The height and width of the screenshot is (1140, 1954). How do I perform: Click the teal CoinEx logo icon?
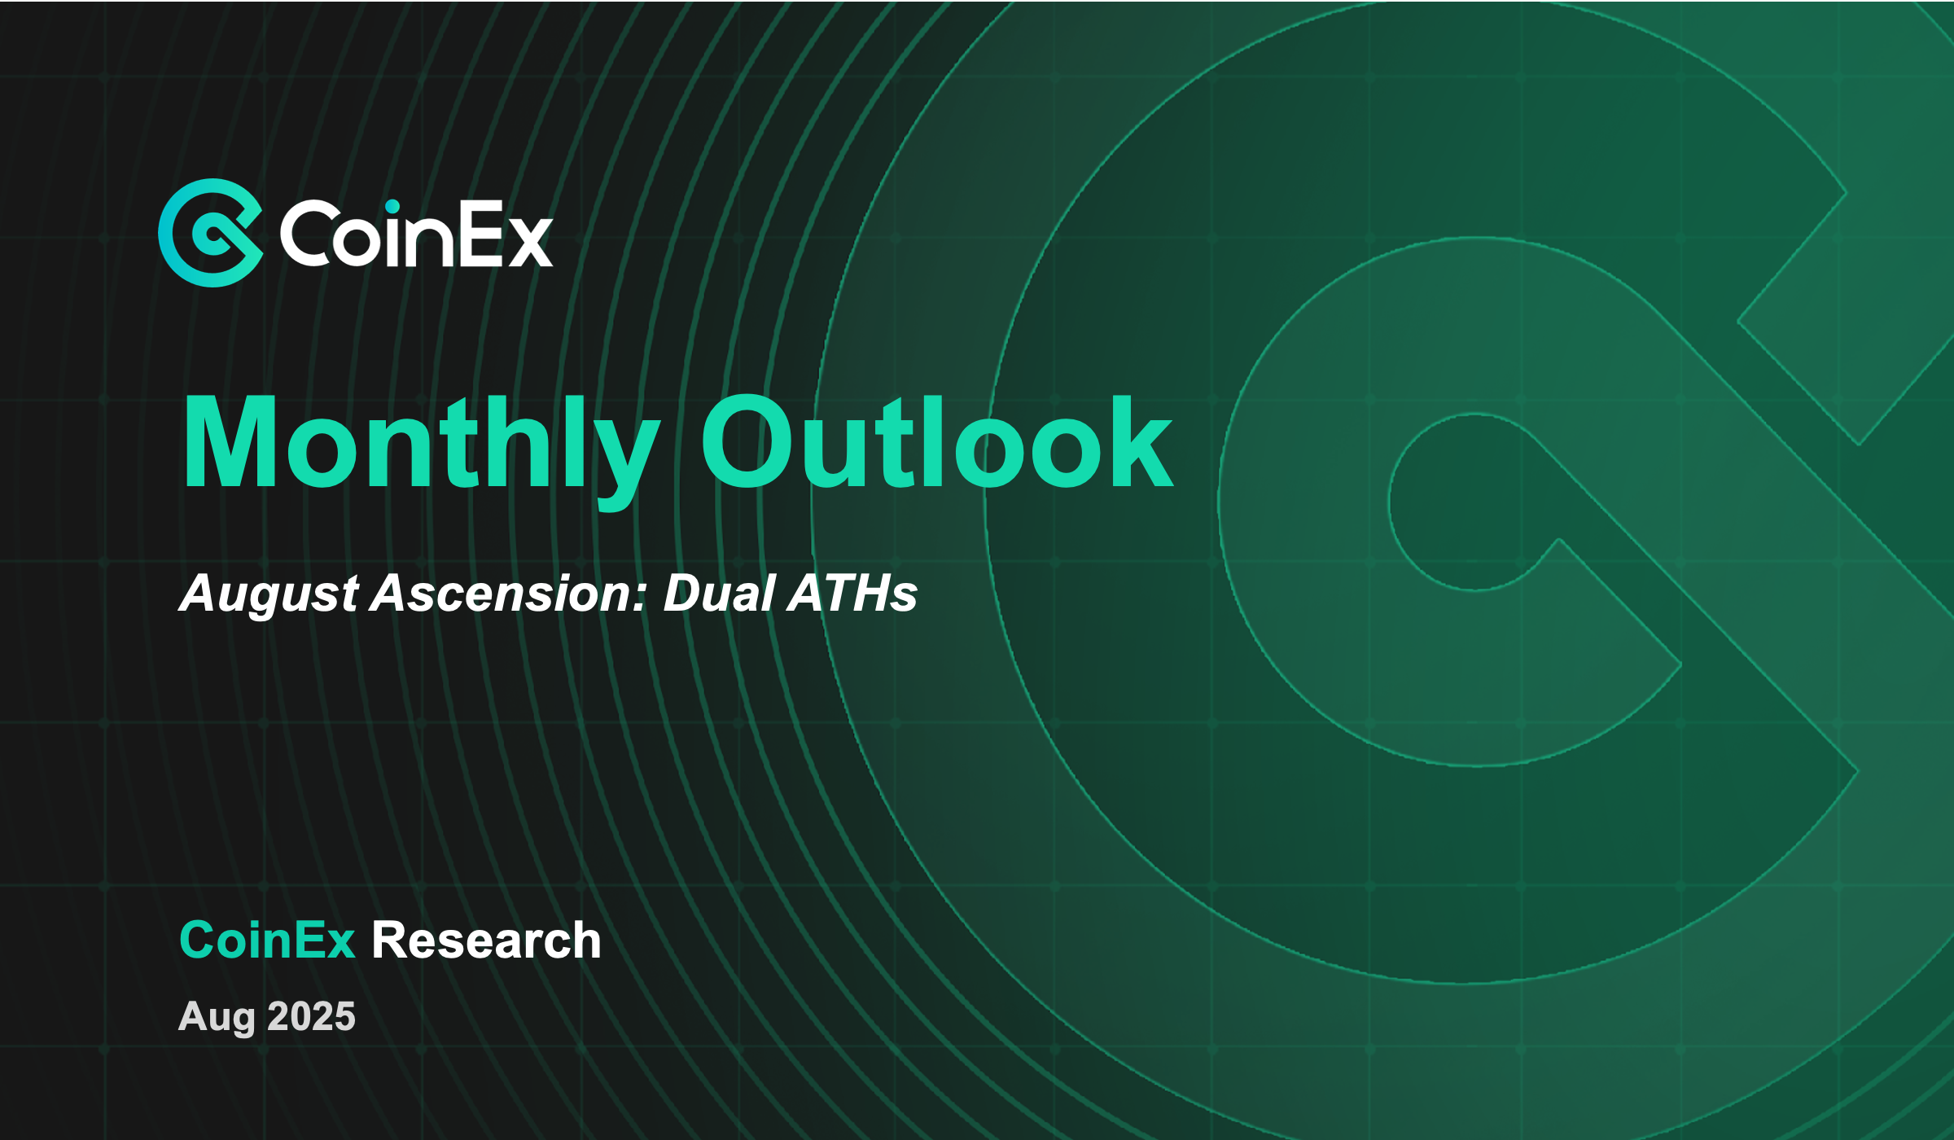pos(211,233)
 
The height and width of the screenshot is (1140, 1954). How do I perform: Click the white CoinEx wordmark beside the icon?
pos(416,235)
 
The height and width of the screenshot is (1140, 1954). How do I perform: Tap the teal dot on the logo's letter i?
pos(392,206)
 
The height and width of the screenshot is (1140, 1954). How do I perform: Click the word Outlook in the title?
pos(936,444)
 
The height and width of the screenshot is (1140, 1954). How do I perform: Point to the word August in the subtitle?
pos(269,594)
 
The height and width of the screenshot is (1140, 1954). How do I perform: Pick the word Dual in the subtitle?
pos(718,594)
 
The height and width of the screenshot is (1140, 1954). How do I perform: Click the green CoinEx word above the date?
pos(267,940)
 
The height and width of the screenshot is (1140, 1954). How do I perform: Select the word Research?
pos(486,940)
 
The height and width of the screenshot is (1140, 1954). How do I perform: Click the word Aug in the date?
pos(217,1017)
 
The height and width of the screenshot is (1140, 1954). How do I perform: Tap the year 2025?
pos(311,1015)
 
